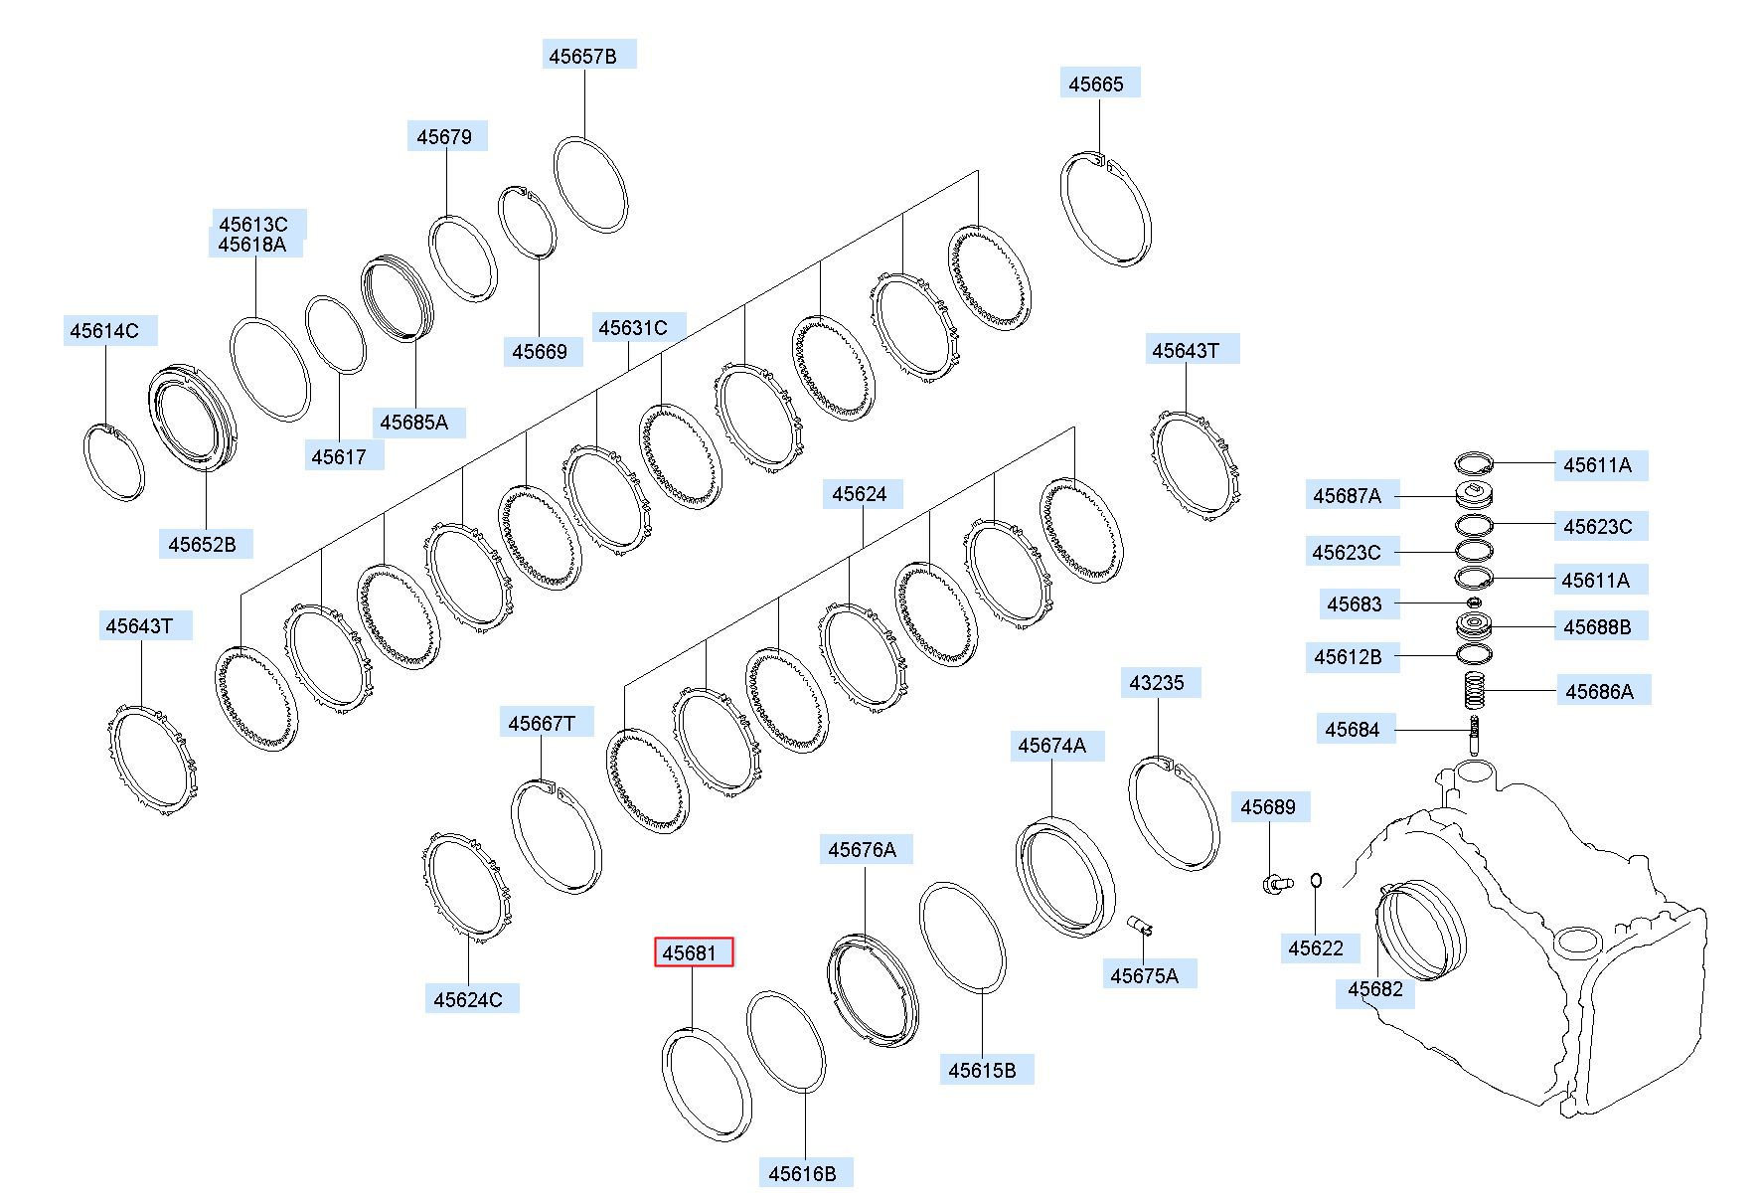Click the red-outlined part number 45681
click(692, 953)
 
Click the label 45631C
click(632, 327)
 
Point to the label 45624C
click(468, 999)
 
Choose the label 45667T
click(542, 723)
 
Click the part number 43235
click(1157, 683)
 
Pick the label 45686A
click(1599, 691)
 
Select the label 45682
click(1375, 989)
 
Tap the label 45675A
click(1144, 975)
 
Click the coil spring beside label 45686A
click(1476, 691)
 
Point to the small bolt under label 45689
click(1276, 883)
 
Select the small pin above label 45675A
click(1141, 926)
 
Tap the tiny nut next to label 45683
click(1474, 602)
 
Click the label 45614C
click(103, 330)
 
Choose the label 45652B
click(202, 544)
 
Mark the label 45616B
click(802, 1173)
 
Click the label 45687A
click(1347, 495)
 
